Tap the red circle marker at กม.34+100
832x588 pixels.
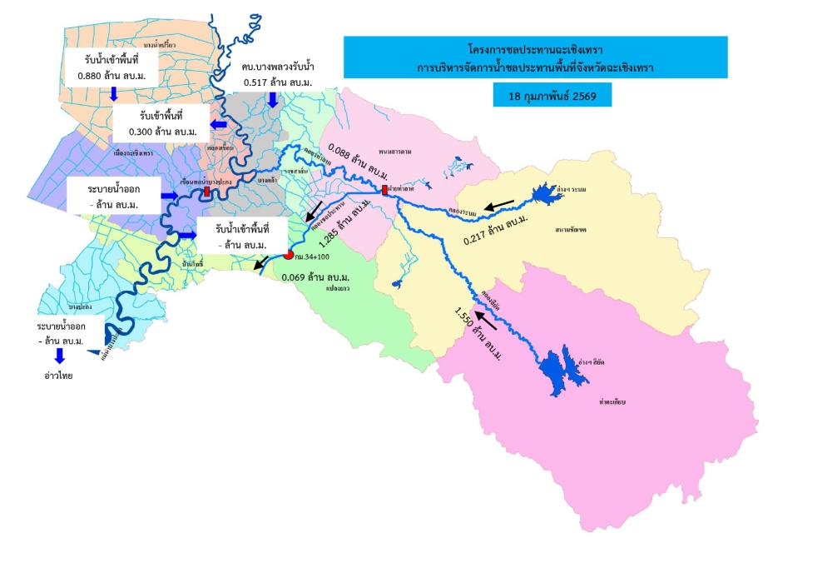click(289, 255)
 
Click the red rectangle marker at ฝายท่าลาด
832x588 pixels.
click(384, 191)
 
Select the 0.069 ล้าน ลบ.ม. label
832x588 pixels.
click(315, 276)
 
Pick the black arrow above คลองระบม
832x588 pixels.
click(500, 203)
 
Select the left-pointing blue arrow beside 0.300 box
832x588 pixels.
click(219, 124)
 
